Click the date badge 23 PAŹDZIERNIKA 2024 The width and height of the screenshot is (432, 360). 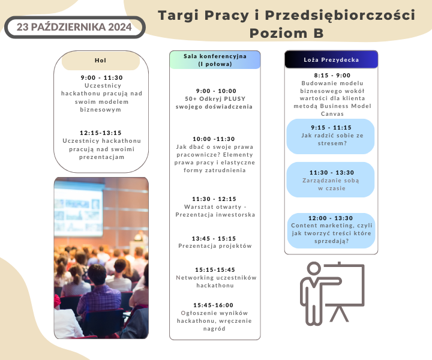(74, 27)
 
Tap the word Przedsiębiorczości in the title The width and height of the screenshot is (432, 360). (340, 16)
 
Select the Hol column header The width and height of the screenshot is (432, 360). (101, 61)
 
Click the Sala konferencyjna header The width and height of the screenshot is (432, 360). (215, 60)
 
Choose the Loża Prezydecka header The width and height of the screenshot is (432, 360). (331, 60)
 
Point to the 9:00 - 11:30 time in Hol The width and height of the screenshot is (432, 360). (101, 77)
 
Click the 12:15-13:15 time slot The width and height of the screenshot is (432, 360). (101, 133)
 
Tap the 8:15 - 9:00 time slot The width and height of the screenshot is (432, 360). (332, 75)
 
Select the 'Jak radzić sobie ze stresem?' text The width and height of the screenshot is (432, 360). (332, 139)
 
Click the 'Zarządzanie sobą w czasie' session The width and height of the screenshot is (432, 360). (331, 184)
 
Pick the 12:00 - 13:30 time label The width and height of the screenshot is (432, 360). (331, 218)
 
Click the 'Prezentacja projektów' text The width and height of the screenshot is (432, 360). (215, 246)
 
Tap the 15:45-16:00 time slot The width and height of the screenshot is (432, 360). (213, 305)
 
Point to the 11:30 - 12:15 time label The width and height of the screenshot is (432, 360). (214, 199)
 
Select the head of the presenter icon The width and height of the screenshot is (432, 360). (314, 268)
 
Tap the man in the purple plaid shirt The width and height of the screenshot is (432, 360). (98, 292)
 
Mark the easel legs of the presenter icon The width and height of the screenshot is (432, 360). (340, 313)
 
